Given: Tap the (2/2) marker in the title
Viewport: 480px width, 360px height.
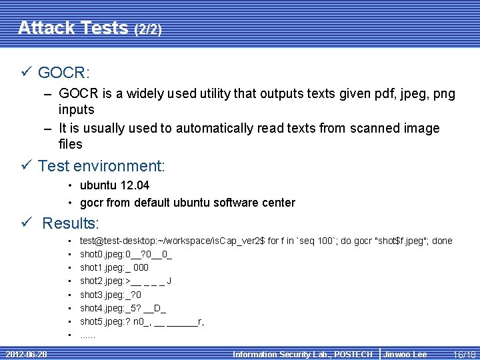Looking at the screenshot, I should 148,30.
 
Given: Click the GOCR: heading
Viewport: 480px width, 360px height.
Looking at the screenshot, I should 64,72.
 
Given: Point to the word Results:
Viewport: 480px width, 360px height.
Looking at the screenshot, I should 70,223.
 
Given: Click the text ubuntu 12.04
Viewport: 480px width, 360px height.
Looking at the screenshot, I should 115,185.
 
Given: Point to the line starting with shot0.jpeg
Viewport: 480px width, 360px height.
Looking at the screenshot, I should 126,254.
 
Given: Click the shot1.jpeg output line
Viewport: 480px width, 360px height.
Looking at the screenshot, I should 114,267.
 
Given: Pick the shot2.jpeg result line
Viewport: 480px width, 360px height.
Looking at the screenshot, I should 125,281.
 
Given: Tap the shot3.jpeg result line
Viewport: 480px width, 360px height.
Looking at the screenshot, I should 111,294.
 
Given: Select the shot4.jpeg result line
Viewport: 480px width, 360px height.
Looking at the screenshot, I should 123,308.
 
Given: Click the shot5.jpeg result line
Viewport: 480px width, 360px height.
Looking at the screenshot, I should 142,321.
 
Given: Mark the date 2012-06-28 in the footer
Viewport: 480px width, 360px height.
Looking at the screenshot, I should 26,354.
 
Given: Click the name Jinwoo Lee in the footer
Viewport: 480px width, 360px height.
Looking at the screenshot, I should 405,354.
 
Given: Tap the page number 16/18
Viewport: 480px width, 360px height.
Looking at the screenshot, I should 463,354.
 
